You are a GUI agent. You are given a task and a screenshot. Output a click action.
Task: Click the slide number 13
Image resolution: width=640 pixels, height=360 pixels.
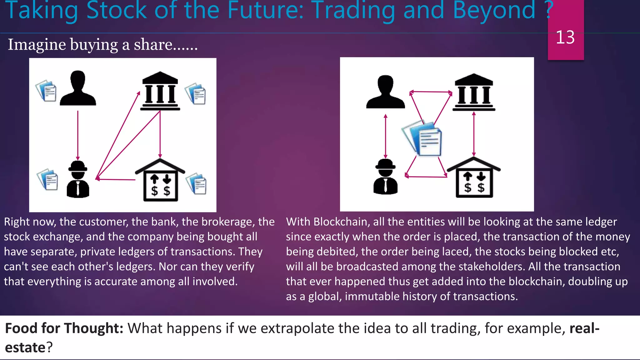tap(565, 37)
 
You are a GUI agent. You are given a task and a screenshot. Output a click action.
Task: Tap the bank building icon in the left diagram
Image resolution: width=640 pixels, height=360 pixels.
tap(160, 91)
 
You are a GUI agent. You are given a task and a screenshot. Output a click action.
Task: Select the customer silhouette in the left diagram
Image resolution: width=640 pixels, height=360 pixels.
tap(78, 88)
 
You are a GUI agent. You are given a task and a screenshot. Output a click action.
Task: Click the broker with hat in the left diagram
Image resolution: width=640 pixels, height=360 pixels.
tap(78, 179)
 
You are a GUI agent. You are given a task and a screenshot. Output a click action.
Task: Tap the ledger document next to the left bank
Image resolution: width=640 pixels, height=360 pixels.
tap(196, 93)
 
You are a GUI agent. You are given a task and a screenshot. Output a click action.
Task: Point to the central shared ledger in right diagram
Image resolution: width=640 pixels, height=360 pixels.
tap(423, 138)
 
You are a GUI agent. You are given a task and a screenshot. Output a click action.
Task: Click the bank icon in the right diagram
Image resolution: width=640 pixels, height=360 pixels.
tap(474, 92)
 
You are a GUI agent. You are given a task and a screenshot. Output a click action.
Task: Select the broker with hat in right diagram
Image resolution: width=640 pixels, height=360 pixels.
tap(385, 177)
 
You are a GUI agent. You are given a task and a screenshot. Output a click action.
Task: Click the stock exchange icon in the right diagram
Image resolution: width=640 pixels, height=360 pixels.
tap(474, 178)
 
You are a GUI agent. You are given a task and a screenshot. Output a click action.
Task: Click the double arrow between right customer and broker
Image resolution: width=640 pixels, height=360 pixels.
tap(385, 136)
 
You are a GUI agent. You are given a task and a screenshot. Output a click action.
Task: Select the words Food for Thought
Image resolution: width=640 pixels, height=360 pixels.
tap(64, 328)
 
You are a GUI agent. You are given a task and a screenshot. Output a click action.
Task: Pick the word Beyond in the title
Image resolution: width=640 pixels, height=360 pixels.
tap(494, 10)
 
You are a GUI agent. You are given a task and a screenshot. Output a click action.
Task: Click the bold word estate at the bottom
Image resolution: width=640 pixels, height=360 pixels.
tap(25, 347)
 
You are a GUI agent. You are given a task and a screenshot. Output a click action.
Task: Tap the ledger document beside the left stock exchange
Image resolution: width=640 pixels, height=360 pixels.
tap(197, 184)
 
